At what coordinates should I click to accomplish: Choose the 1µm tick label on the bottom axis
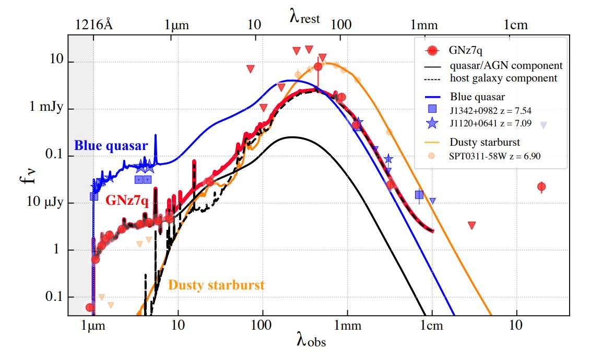(93, 326)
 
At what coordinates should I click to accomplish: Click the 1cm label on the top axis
(515, 25)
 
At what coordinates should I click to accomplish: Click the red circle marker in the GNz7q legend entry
(431, 51)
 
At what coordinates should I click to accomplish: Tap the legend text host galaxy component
(503, 78)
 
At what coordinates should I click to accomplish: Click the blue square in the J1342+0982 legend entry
(431, 109)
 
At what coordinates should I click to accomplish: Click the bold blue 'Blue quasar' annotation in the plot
(111, 145)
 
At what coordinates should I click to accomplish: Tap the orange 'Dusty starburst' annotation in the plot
(216, 285)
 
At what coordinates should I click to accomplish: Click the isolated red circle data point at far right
(541, 187)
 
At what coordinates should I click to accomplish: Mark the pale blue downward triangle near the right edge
(543, 125)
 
